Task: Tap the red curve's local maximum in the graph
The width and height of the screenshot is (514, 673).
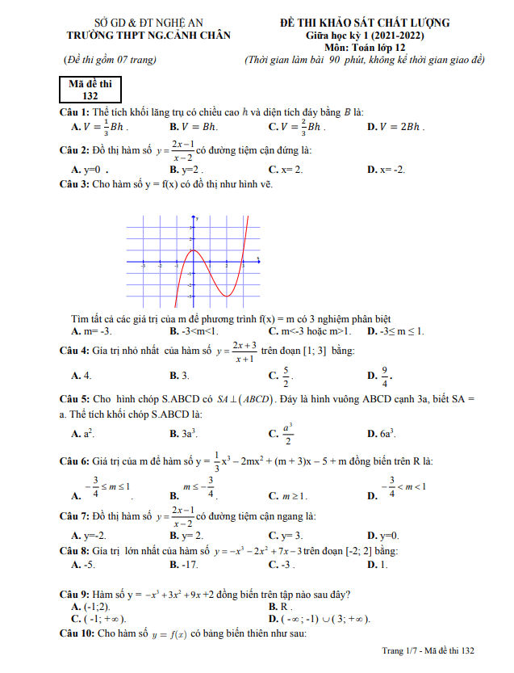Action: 194,250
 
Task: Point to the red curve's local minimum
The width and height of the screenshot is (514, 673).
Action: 227,296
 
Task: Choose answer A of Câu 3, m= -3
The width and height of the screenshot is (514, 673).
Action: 91,331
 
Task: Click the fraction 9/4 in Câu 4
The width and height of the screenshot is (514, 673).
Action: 385,375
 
